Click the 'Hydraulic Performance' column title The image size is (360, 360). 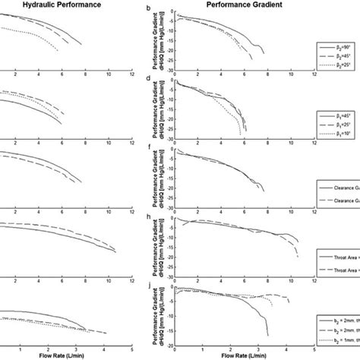coord(48,5)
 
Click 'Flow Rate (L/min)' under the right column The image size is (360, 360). coord(244,355)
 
